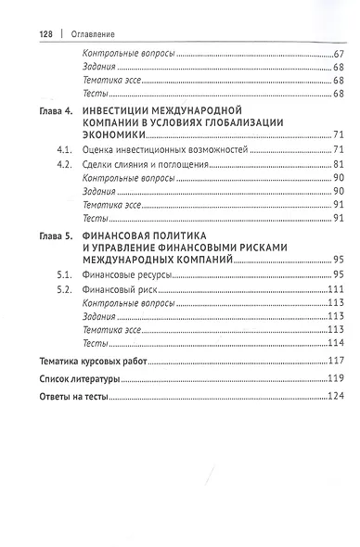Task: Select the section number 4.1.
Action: [x=64, y=149]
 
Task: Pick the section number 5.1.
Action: [x=64, y=275]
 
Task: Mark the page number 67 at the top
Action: [x=338, y=55]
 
